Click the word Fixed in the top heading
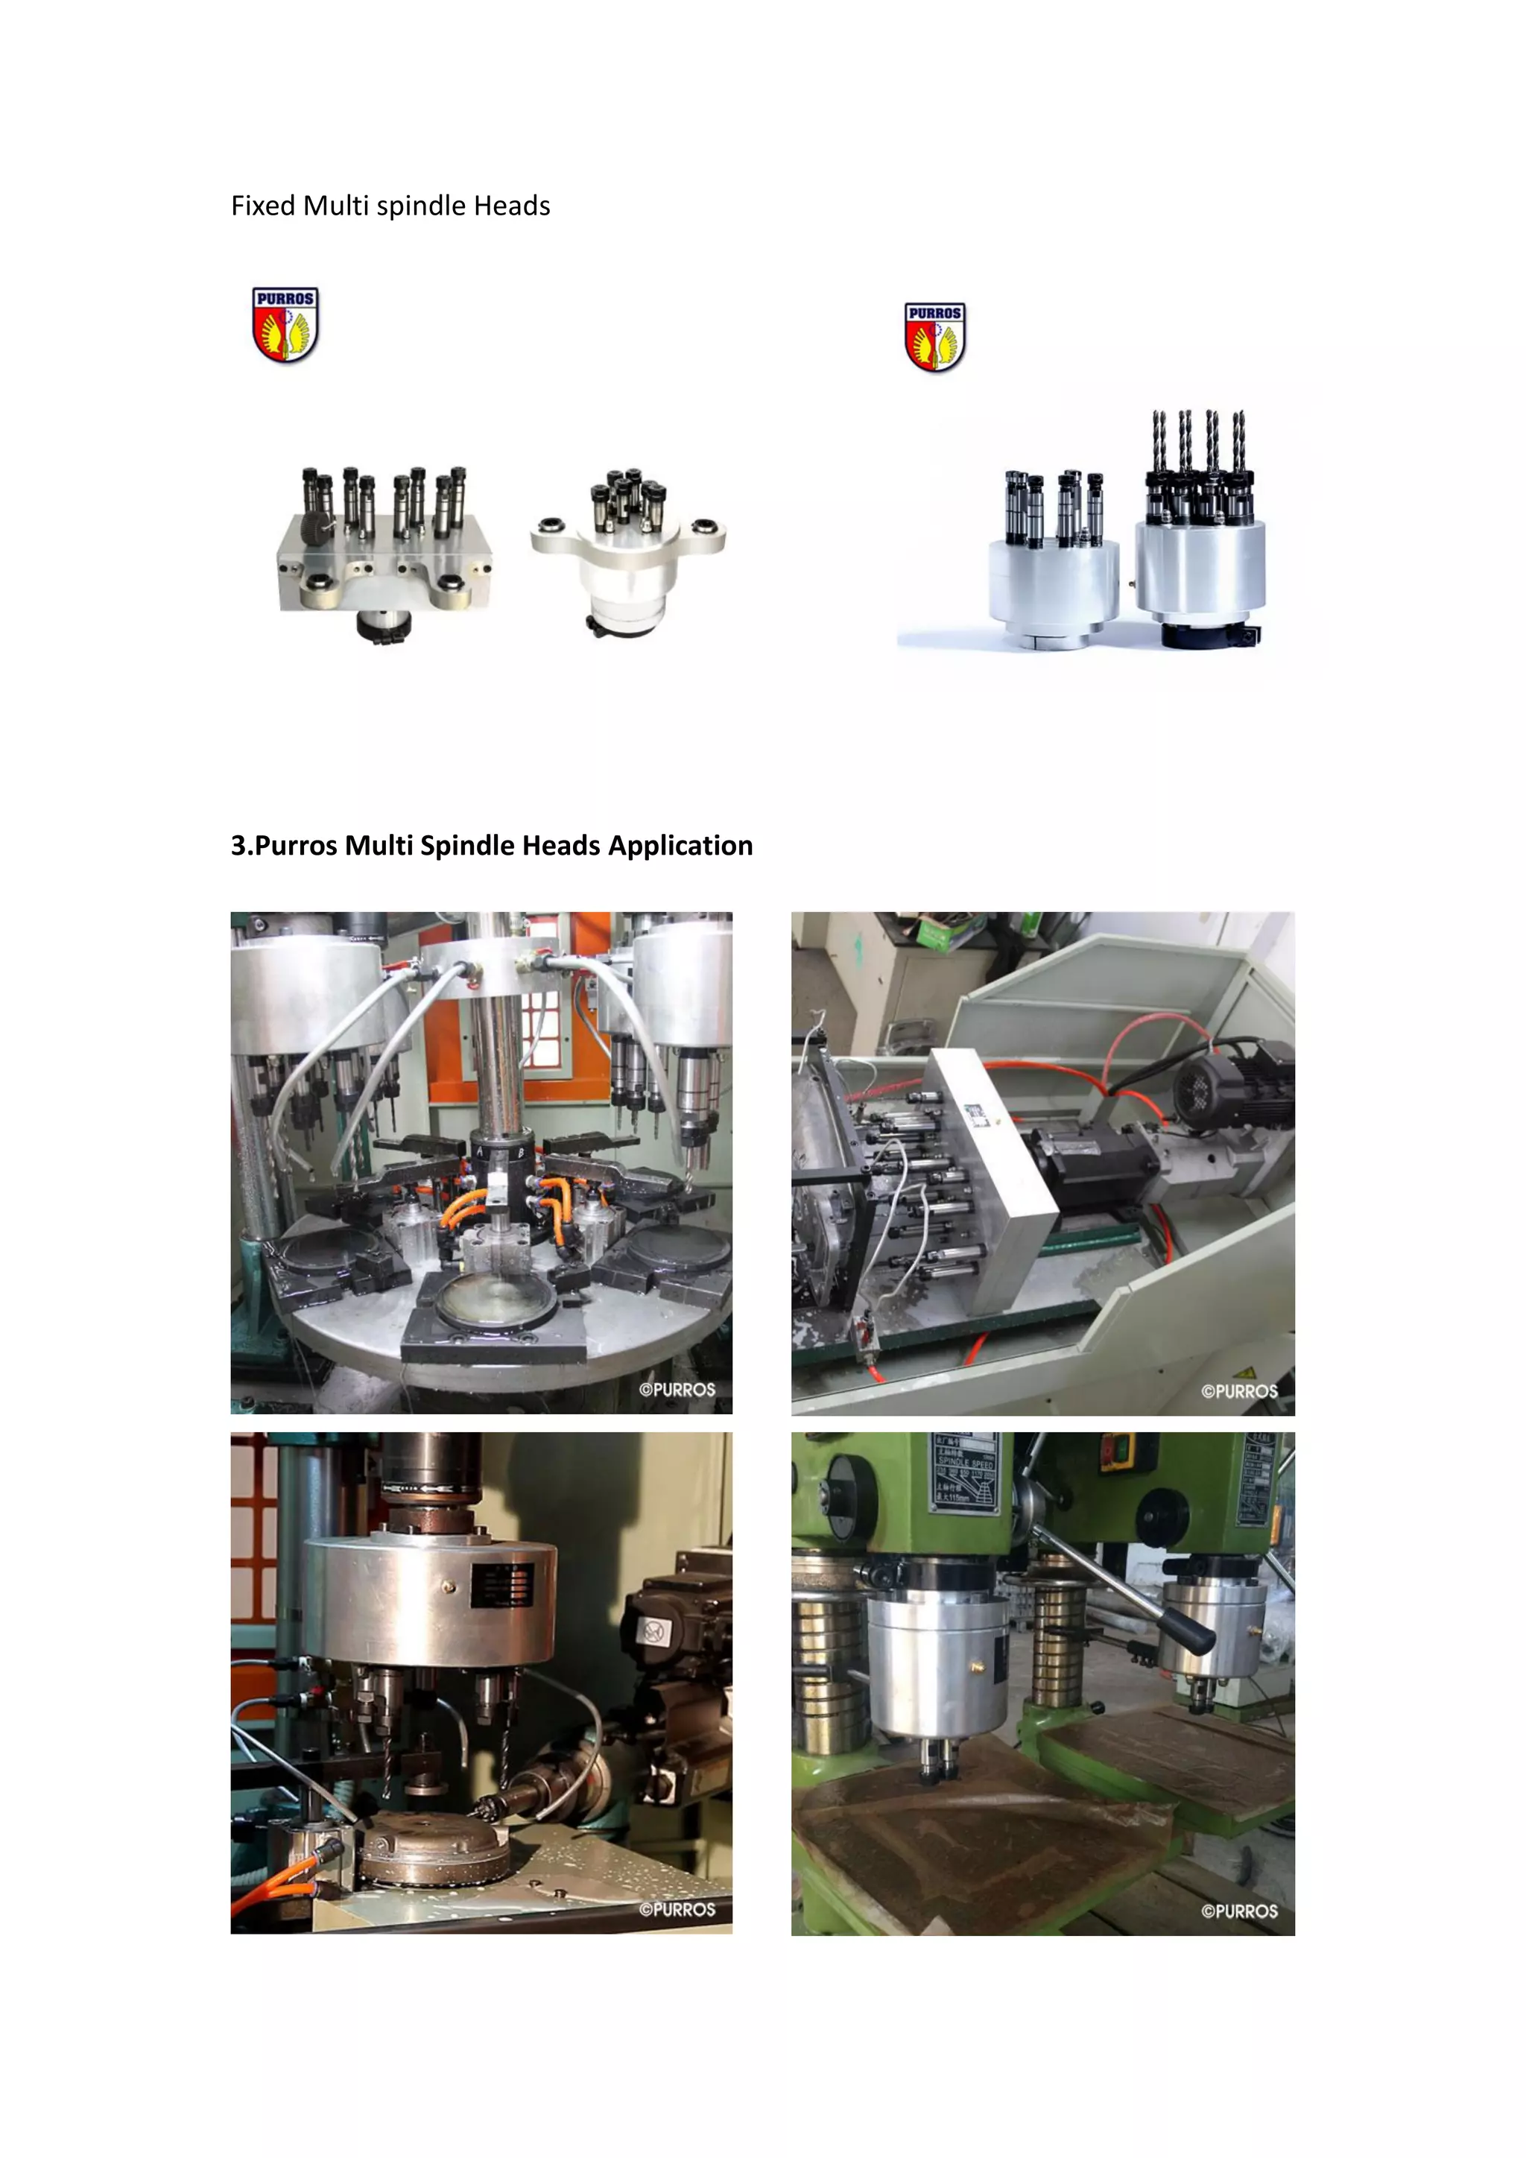263,206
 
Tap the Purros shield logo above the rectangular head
285,325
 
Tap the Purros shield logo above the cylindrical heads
934,337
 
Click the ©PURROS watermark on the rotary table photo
677,1389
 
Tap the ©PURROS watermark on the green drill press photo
1238,1911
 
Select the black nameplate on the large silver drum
503,1586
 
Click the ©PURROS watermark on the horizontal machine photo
1238,1391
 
